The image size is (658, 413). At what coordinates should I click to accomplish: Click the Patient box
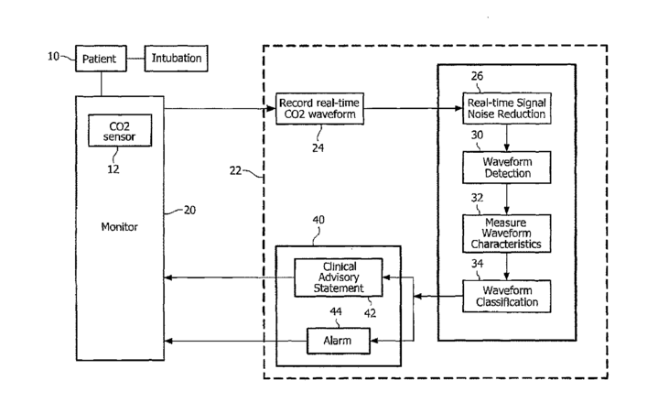99,59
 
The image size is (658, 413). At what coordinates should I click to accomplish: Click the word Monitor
120,226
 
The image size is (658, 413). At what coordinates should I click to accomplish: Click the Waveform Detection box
505,168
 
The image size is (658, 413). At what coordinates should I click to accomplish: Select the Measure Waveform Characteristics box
505,232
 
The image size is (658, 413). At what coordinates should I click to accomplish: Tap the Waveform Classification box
505,294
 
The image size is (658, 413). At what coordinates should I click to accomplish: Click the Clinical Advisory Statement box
340,277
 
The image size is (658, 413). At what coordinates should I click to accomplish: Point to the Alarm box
340,342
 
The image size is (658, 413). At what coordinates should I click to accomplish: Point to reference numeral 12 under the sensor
114,168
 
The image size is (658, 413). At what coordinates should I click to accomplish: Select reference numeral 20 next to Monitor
189,210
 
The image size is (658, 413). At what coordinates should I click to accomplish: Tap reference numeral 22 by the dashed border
241,171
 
